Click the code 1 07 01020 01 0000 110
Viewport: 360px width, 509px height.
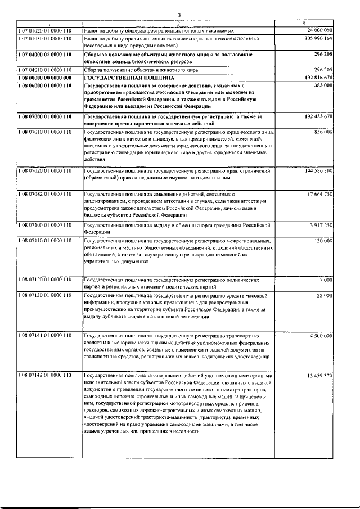point(45,29)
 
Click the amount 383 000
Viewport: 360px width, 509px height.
point(323,84)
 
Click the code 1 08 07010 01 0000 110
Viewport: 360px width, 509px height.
point(45,131)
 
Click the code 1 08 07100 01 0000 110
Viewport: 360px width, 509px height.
point(45,224)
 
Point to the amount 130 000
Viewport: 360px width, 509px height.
point(323,240)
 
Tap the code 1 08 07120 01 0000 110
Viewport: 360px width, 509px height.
point(45,279)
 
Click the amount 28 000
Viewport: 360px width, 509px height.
point(324,295)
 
